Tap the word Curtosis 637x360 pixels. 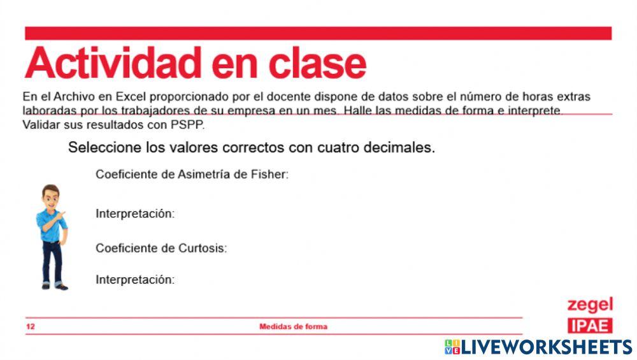(x=204, y=248)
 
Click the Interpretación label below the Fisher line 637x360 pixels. (x=134, y=213)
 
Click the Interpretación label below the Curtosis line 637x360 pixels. (x=134, y=279)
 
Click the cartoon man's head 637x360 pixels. (x=50, y=196)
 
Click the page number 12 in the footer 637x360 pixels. (x=31, y=327)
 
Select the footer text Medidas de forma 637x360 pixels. (x=293, y=327)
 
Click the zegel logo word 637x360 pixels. (x=590, y=305)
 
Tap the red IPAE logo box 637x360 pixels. (x=590, y=326)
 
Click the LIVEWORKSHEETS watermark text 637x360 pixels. (x=545, y=347)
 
